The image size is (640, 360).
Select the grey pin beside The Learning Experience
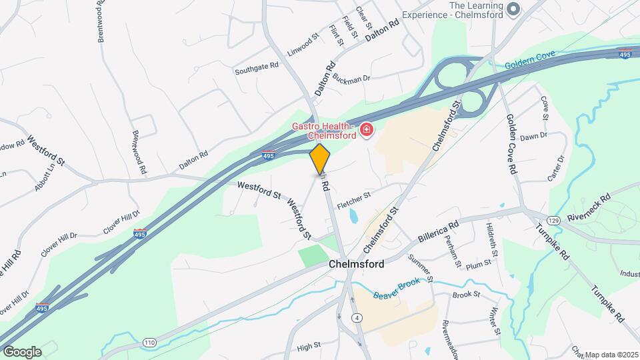513,9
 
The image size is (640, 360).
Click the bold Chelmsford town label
356,265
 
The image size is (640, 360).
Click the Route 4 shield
358,318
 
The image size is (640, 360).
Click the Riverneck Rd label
589,207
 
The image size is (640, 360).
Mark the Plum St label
479,263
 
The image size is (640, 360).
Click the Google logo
22,351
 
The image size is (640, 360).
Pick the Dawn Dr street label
533,136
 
